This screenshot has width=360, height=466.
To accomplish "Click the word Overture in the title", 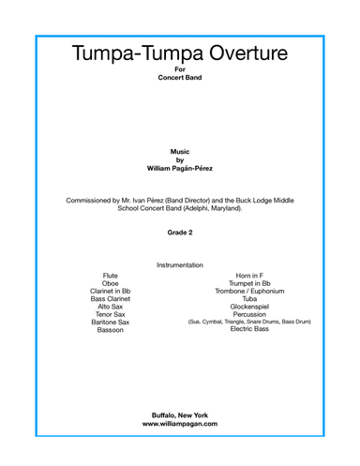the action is coord(234,53).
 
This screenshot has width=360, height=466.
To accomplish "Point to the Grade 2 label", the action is coord(180,230).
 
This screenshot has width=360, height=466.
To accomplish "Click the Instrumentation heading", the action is coord(180,264).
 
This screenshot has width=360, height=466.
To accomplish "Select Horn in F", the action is coord(249,277).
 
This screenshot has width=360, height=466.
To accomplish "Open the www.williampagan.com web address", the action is coord(180,424).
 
